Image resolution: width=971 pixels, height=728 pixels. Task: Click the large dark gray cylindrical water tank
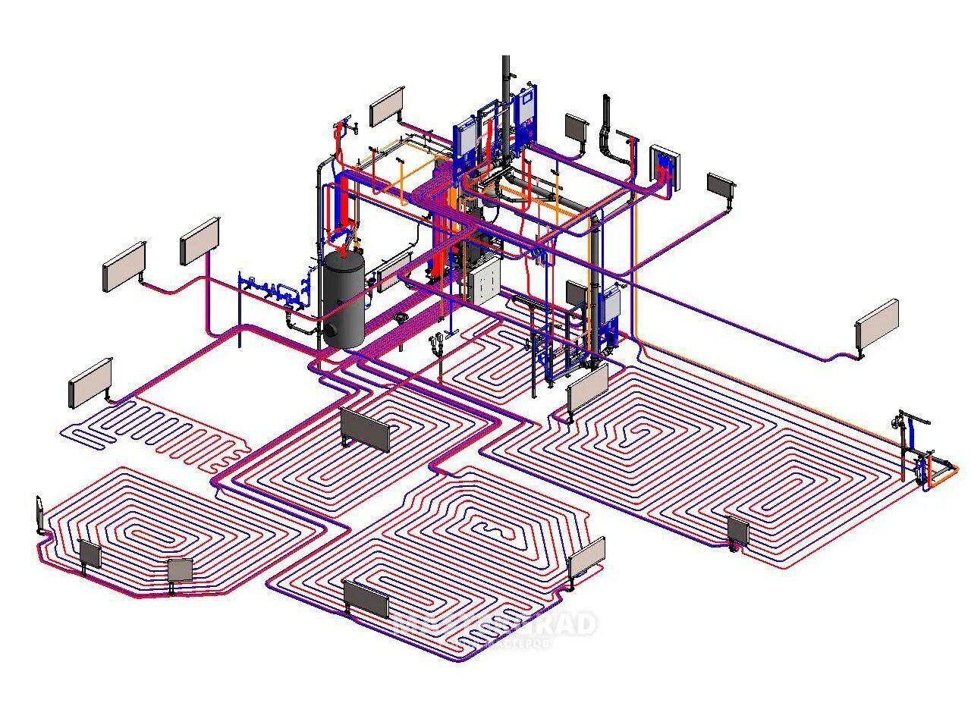click(x=344, y=300)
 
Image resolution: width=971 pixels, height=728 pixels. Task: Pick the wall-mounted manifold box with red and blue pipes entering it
click(x=665, y=167)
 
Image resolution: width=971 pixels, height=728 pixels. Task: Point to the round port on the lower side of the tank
click(x=332, y=329)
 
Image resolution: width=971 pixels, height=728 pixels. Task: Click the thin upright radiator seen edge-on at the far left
click(x=39, y=516)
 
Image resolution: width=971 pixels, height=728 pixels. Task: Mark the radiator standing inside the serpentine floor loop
click(x=365, y=428)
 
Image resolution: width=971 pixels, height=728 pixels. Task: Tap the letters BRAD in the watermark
click(x=565, y=624)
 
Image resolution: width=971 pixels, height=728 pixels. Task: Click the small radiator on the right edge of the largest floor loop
click(x=738, y=532)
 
